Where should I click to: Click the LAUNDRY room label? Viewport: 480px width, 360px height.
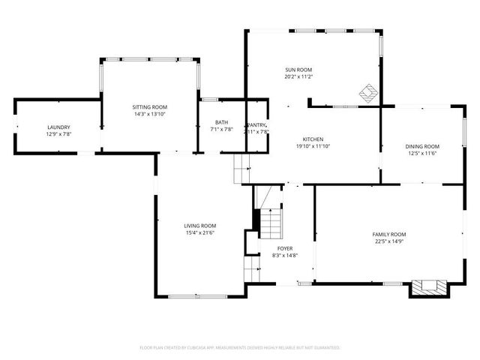(x=58, y=127)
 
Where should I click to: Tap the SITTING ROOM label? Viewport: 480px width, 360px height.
(x=149, y=107)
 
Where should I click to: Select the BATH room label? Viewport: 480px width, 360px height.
(x=221, y=122)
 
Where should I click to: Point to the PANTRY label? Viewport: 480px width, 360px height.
(x=257, y=124)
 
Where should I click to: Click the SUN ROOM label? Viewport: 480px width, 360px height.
(x=298, y=69)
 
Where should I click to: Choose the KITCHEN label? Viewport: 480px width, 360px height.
(x=313, y=139)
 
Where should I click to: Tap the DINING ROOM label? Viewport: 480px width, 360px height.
(x=422, y=146)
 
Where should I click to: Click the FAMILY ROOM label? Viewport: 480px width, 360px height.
(x=389, y=234)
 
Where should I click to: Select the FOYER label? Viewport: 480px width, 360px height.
(x=285, y=248)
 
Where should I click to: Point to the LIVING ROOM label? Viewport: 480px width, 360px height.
(x=200, y=226)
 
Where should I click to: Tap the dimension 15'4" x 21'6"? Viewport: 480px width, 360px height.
(x=200, y=232)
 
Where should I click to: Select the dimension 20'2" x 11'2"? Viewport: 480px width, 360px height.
(x=298, y=76)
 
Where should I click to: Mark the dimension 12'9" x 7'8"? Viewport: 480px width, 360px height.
(x=58, y=133)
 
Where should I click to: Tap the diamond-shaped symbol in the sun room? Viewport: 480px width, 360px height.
(x=367, y=93)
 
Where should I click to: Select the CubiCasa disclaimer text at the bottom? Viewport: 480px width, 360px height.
(x=240, y=347)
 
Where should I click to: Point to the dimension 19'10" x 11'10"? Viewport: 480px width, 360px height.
(x=313, y=146)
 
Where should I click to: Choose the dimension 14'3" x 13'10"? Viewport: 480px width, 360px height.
(x=149, y=114)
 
